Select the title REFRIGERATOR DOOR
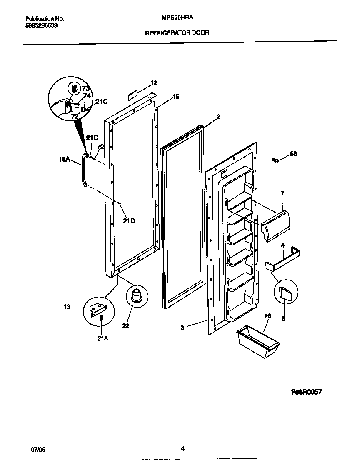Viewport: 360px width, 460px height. tap(177, 32)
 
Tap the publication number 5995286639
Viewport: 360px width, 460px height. tap(41, 25)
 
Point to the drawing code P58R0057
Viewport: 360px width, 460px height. tap(306, 392)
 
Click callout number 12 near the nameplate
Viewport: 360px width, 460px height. tap(154, 83)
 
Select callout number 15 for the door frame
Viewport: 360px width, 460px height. tap(176, 97)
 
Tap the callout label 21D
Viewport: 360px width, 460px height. tap(129, 221)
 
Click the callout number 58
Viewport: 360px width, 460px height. tap(293, 154)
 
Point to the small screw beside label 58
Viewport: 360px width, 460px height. tap(275, 160)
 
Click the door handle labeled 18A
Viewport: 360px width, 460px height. tap(83, 171)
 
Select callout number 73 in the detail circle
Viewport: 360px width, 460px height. tap(85, 88)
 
